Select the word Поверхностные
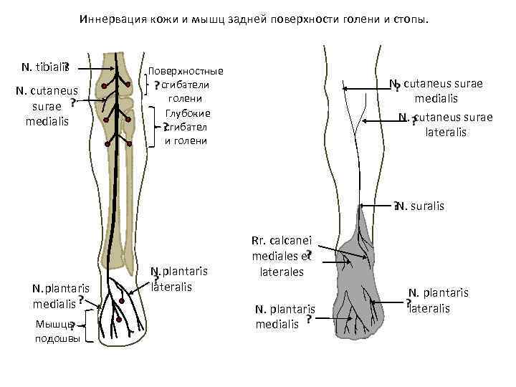(x=186, y=71)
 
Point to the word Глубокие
(x=187, y=113)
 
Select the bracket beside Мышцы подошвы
(x=86, y=326)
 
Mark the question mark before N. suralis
(x=396, y=206)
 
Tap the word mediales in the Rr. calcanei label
(x=272, y=257)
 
